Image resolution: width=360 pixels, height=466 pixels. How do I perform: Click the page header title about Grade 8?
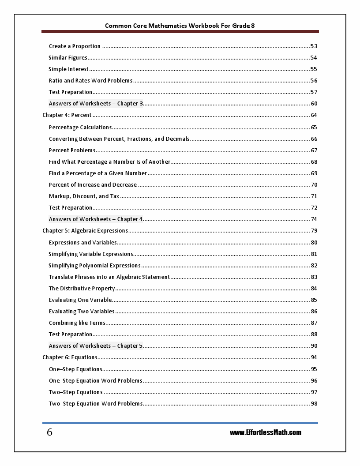(x=180, y=26)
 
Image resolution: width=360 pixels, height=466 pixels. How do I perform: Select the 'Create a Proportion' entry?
(x=75, y=46)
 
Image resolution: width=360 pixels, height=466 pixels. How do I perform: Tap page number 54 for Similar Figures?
(x=314, y=58)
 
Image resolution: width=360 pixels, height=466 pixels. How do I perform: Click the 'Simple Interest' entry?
(x=68, y=69)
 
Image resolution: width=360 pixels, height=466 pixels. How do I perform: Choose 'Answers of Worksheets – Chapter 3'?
(x=96, y=104)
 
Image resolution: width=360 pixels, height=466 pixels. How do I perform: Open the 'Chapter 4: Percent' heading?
(x=67, y=115)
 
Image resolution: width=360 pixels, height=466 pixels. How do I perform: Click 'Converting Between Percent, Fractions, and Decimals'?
(x=119, y=139)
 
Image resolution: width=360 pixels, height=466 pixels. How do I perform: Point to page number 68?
(x=314, y=162)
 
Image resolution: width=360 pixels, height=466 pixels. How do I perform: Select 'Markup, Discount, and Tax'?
(x=84, y=196)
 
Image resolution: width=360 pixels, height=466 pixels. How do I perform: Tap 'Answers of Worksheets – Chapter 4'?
(x=96, y=219)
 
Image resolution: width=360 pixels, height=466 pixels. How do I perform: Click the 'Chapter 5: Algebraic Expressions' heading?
(x=85, y=231)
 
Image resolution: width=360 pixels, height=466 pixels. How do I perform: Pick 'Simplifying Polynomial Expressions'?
(x=94, y=266)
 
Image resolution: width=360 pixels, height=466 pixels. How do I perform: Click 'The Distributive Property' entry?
(x=82, y=289)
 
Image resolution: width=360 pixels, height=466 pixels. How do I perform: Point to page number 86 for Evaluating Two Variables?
(x=314, y=312)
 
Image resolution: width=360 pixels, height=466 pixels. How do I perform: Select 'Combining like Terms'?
(x=77, y=323)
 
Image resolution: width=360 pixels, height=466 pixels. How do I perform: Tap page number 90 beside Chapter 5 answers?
(x=314, y=346)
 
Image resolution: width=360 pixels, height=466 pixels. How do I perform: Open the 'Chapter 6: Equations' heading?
(x=70, y=357)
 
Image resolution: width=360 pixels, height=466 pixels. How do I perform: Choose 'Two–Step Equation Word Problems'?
(x=95, y=404)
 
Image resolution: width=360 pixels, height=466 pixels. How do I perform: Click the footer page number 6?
(x=49, y=432)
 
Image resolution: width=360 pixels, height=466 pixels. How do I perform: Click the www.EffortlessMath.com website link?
(x=266, y=432)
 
